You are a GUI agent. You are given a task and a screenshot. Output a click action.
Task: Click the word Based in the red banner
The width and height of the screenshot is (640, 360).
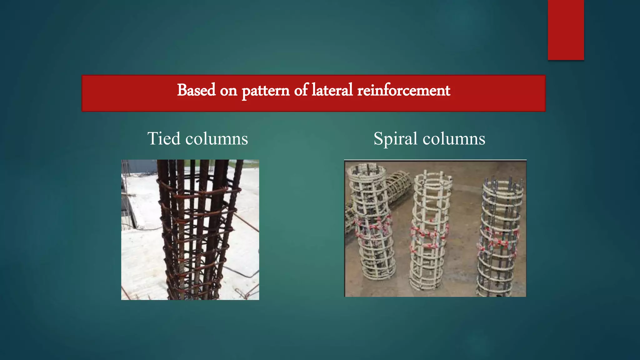point(196,90)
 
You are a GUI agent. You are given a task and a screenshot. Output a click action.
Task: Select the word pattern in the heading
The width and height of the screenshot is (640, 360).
point(265,91)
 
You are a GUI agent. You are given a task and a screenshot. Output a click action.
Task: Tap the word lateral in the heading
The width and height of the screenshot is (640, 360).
point(332,90)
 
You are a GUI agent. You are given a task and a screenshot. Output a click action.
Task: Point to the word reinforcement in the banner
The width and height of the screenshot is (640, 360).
point(403,90)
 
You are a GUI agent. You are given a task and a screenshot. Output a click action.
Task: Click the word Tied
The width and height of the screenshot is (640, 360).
point(164,138)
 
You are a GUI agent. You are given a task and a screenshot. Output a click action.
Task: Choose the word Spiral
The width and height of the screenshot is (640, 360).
point(395,138)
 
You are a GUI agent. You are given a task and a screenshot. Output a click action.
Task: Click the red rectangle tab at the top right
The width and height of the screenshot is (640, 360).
point(566,30)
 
